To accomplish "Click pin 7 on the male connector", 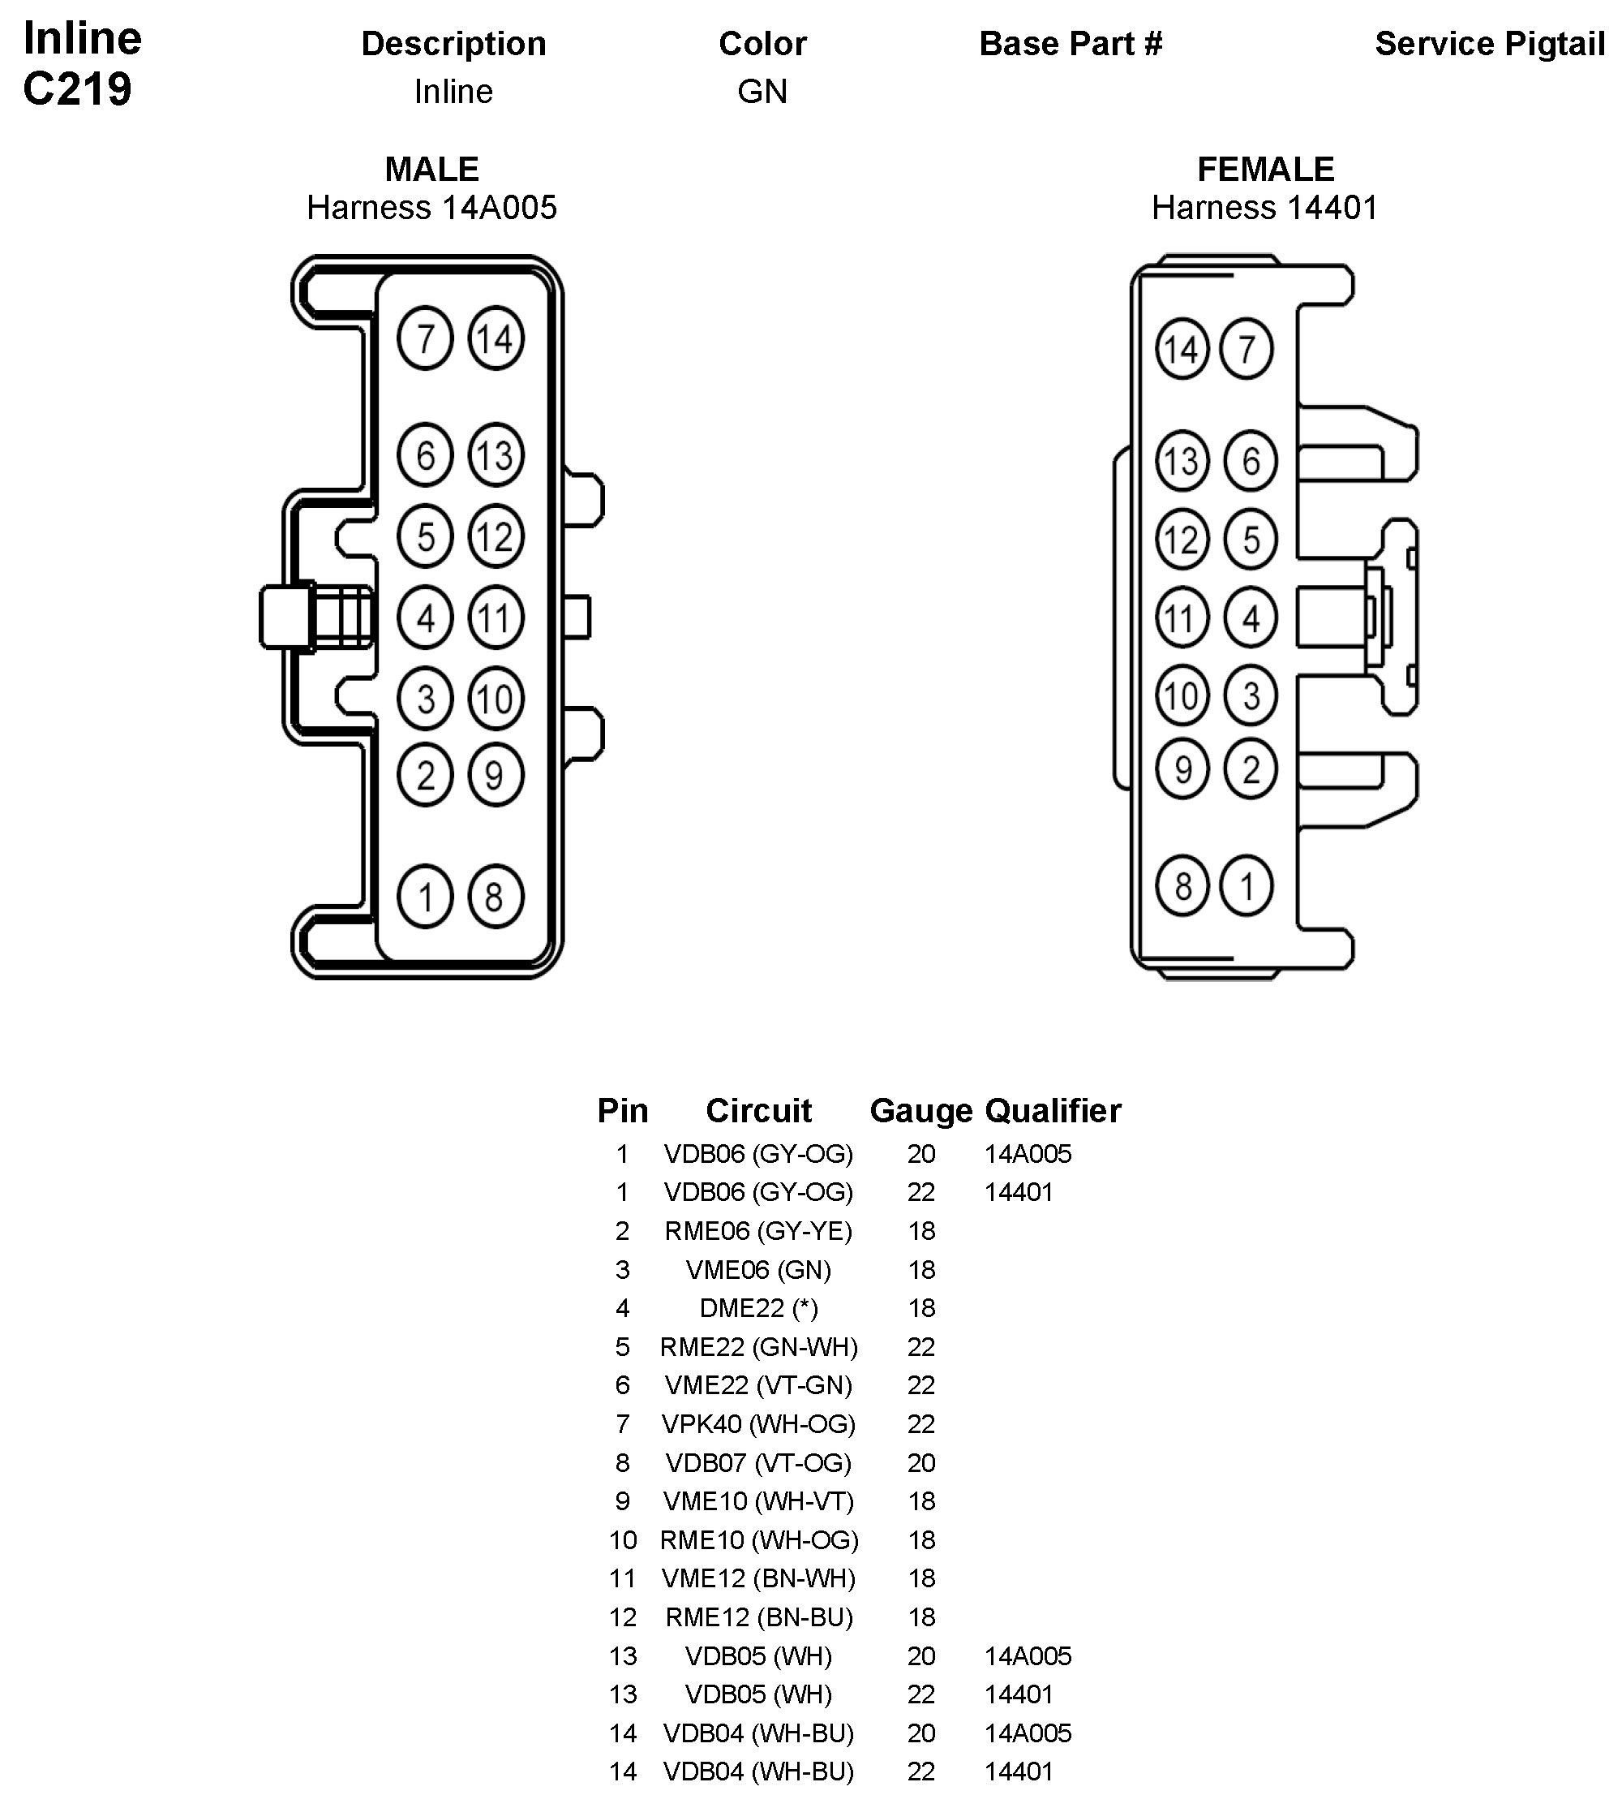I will tap(425, 338).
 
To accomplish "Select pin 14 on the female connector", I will tap(1182, 349).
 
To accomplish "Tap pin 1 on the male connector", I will tap(425, 897).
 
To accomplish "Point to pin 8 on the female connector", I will tap(1182, 886).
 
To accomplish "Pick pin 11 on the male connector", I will tap(496, 618).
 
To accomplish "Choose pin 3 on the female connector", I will tap(1251, 695).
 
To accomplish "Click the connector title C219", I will tap(78, 89).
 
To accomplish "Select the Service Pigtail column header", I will tap(1489, 44).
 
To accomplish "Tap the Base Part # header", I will tap(1071, 44).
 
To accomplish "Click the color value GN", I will tap(762, 92).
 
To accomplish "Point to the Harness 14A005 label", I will tap(431, 208).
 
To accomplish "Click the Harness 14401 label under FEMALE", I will tap(1264, 208).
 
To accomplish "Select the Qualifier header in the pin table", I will tap(1053, 1111).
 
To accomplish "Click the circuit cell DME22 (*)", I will tap(758, 1308).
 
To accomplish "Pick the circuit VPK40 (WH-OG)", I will tap(758, 1423).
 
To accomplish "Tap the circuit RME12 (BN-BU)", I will tap(758, 1617).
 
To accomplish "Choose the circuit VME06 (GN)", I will tap(758, 1269).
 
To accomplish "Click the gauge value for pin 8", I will tap(921, 1463).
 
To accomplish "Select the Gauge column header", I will tap(920, 1111).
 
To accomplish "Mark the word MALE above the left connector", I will tap(431, 170).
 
